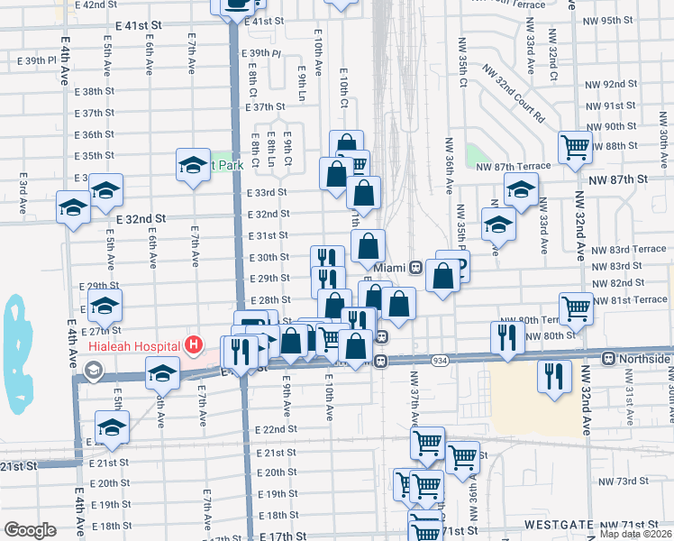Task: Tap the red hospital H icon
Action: pos(192,344)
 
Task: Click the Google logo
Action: pos(30,530)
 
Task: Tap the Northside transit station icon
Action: pos(609,358)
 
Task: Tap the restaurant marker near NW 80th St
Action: pos(507,336)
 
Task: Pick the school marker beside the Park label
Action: pos(193,164)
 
